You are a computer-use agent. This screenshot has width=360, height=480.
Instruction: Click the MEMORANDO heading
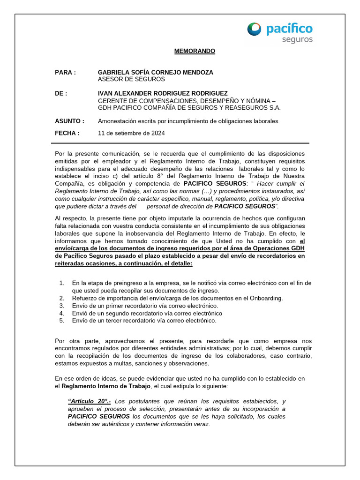point(192,51)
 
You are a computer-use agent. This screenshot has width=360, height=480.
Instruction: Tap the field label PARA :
point(65,72)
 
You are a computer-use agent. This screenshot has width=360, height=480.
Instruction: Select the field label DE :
point(61,93)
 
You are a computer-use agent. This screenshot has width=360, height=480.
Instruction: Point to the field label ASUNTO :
point(69,121)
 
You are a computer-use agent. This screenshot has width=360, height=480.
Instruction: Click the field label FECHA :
point(67,133)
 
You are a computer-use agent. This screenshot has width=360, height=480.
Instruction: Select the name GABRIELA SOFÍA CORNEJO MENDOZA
point(155,72)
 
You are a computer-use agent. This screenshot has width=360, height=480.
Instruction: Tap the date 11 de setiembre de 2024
point(131,133)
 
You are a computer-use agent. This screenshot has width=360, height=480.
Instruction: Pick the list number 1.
point(61,283)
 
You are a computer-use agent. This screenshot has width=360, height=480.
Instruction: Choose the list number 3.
point(61,306)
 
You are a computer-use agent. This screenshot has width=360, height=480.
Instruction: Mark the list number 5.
point(61,321)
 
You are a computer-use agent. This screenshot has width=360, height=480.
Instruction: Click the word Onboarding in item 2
point(266,298)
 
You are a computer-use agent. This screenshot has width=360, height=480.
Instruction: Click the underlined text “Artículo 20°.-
point(90,401)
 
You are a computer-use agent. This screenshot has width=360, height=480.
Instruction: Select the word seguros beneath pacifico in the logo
point(297,40)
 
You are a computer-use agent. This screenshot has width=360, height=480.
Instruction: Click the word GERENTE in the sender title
point(112,100)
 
